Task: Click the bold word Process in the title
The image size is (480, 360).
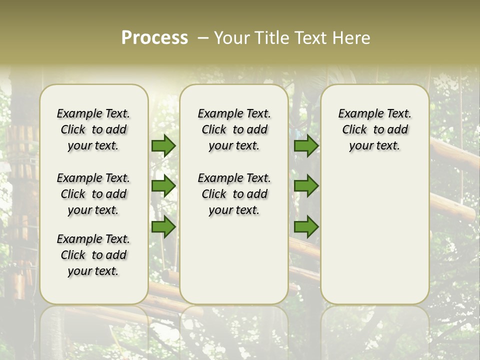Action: tap(154, 38)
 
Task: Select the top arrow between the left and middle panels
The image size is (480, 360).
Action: tap(163, 145)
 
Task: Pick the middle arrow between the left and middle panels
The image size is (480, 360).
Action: tap(163, 186)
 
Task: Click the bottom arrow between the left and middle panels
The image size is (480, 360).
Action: tap(163, 227)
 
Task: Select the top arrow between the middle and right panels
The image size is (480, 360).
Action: tap(306, 145)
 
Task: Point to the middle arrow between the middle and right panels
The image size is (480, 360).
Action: tap(306, 186)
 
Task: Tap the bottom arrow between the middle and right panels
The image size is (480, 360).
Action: tap(306, 227)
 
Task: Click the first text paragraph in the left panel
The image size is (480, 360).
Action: tap(93, 129)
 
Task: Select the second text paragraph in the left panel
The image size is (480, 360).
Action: tap(93, 194)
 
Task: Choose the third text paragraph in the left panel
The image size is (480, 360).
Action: tap(93, 255)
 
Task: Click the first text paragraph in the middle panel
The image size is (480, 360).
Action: tap(234, 129)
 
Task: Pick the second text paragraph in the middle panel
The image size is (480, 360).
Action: tap(234, 194)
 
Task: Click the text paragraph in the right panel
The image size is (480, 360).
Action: tap(375, 129)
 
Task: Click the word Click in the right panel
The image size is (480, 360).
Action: tap(354, 130)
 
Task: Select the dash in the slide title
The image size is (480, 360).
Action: tap(203, 38)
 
